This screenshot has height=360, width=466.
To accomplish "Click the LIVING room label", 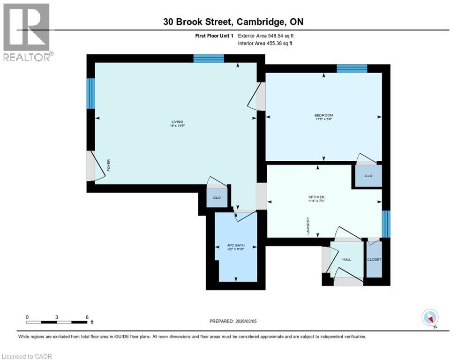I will coord(177,122).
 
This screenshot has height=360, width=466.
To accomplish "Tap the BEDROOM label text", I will coord(323,115).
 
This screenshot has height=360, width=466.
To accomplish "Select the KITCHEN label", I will coord(316,197).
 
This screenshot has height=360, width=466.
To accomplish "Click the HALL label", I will coord(346,259).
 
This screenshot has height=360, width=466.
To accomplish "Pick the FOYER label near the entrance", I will coord(109,165).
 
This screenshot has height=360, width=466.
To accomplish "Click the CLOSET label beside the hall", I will coord(374,259).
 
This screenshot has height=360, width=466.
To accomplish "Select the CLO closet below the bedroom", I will coord(368,176).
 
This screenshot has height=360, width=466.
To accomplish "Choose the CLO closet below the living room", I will coord(217,197).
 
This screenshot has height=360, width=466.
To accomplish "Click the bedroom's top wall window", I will coord(352,68).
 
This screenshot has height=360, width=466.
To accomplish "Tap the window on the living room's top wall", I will coord(209,58).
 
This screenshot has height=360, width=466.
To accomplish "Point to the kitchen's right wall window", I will coord(386,224).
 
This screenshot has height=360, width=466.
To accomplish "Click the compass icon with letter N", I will coord(429,318).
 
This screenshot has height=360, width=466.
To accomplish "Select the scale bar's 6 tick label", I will coord(87,317).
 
